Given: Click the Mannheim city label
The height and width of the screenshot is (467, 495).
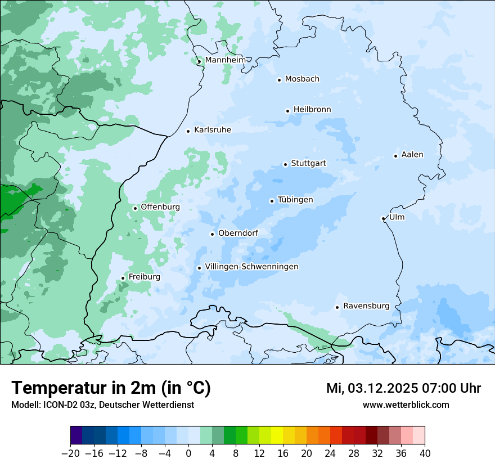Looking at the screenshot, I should pos(225,60).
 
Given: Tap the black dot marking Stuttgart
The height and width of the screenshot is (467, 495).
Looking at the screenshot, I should pos(285,164).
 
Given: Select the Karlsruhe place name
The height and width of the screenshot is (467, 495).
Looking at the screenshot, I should pos(212,130).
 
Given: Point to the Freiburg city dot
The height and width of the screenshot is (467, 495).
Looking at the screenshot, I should pos(123,278).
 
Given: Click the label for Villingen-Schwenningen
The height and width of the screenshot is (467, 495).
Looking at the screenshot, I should pos(251,267).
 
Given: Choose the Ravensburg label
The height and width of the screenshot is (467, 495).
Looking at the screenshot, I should pos(366,306).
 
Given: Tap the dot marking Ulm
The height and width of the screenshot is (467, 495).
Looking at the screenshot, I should pos(383,218).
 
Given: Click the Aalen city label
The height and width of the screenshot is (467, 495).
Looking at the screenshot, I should pos(412,155).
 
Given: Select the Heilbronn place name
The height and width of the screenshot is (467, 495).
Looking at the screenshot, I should pos(312,110).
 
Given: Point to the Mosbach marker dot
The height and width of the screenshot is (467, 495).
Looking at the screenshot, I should pos(279,80).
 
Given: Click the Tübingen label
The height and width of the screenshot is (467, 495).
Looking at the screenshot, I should pos(295,200).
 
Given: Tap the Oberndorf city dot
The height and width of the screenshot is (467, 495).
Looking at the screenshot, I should pos(212,234).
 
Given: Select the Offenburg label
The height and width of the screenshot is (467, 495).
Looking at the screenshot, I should pos(160,207).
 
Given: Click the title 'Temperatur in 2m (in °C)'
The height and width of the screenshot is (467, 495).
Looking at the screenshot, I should pos(111,388).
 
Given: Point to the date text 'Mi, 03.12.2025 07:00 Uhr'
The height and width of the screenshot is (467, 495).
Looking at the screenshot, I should pos(403,388).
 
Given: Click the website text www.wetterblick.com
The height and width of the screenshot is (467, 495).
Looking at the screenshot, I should pos(406,405).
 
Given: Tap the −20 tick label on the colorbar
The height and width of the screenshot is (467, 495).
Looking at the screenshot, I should pos(70,453).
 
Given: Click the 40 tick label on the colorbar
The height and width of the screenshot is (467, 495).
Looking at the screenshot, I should pos(425,453).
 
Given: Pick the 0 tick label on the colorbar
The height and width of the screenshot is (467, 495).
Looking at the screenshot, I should pos(188,453).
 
